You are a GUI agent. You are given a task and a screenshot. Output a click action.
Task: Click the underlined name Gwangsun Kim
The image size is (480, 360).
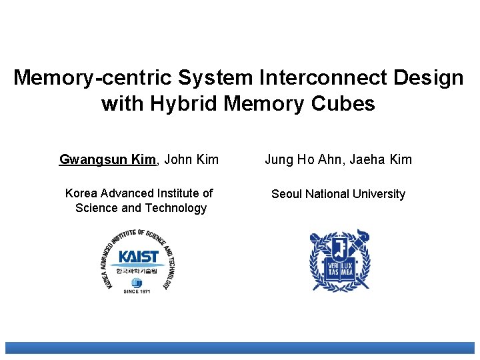click(x=107, y=159)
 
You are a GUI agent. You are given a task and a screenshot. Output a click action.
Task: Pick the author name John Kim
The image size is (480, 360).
click(x=191, y=159)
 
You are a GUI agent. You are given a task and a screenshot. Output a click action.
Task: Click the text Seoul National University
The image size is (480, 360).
click(x=338, y=194)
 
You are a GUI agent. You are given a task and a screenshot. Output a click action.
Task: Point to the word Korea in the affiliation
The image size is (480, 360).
click(x=81, y=193)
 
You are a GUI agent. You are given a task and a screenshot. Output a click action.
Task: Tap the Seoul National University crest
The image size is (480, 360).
click(x=339, y=261)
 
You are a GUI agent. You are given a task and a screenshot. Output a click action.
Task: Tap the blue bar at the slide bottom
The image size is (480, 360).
click(x=240, y=348)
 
